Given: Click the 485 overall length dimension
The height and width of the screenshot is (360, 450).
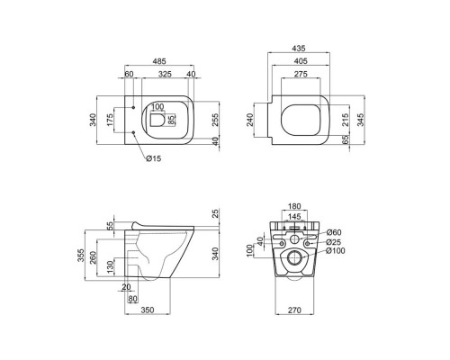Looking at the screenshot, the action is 159,61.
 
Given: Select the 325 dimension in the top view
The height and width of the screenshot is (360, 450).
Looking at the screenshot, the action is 165,74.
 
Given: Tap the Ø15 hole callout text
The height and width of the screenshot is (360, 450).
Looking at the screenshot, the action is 154,158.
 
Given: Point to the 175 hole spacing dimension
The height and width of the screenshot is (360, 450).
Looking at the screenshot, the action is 111,120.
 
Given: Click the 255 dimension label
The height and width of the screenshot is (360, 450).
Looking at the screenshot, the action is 216,120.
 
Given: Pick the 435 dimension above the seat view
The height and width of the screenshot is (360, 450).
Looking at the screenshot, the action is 299,48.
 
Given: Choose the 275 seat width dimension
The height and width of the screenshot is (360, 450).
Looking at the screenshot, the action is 301,74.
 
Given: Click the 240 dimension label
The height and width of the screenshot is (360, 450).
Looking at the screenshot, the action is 250,120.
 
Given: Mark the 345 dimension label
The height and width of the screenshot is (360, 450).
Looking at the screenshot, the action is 361,120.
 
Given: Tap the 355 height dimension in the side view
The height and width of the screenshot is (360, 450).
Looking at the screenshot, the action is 81,256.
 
